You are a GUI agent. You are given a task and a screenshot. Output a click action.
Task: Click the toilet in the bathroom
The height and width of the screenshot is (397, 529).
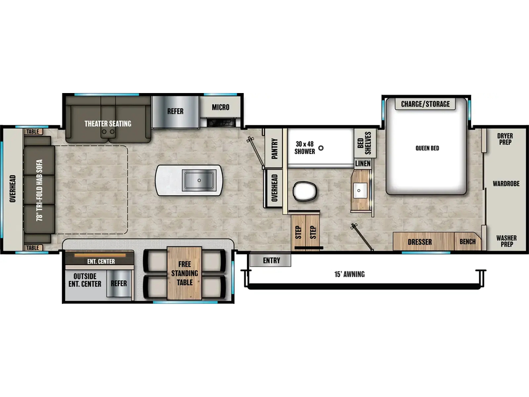[x=305, y=191]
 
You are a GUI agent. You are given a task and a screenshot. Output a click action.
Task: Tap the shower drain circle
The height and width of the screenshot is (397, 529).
[x=321, y=148]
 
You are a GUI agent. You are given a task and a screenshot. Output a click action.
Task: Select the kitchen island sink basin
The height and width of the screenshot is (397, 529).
[x=199, y=180]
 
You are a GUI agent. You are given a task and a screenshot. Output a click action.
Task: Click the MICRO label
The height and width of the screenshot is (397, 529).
[x=221, y=108]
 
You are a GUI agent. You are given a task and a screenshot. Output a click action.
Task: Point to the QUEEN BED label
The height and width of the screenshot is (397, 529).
[x=427, y=148]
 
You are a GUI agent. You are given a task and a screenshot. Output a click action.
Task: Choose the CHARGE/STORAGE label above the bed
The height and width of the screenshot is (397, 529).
[x=426, y=104]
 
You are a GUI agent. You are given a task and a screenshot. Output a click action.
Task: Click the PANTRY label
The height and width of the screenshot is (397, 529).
[x=275, y=148]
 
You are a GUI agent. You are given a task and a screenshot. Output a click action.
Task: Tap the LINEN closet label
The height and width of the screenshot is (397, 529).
[x=363, y=164]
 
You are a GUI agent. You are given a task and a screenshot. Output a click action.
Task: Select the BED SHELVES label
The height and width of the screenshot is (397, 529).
[x=364, y=143]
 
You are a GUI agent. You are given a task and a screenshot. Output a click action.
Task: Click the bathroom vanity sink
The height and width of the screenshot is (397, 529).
[x=359, y=191]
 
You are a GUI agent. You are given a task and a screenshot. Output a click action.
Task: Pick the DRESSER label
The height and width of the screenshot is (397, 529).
[x=419, y=242]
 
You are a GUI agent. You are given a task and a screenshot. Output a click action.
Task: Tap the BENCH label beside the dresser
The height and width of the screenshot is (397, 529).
[x=468, y=242]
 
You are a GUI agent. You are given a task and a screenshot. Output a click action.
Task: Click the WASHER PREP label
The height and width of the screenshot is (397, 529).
[x=506, y=241]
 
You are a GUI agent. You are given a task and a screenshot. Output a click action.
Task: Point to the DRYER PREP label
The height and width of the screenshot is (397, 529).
[x=505, y=139]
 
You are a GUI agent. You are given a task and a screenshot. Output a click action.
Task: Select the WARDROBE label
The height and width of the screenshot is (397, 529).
[x=506, y=184]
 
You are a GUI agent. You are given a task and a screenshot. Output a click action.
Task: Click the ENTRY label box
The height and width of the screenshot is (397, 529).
[x=270, y=261]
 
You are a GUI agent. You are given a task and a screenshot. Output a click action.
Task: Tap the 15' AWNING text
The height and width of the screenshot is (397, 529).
[x=350, y=274]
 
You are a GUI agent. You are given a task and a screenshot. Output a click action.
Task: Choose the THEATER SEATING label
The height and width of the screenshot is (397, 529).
[x=108, y=124]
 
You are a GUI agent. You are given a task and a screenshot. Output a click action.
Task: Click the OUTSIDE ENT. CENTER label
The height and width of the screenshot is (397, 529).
[x=85, y=280]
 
